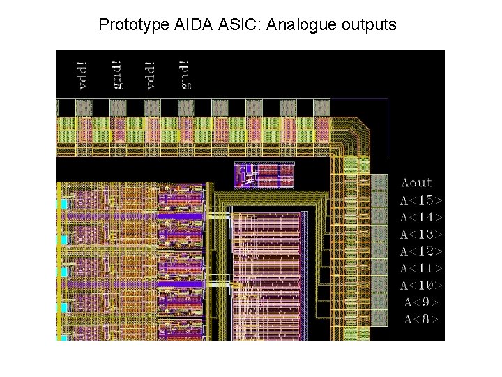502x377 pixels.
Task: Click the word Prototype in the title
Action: (x=132, y=25)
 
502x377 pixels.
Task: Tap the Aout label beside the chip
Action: (x=417, y=183)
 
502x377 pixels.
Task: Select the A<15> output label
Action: (x=421, y=200)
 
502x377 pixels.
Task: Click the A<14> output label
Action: (x=421, y=217)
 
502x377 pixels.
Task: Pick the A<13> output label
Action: (x=421, y=235)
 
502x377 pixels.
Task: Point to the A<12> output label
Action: (x=421, y=251)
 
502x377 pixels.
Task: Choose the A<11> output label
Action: (x=421, y=269)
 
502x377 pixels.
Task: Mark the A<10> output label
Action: (x=421, y=286)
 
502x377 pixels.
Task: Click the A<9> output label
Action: (x=421, y=303)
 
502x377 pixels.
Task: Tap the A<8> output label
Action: (x=421, y=320)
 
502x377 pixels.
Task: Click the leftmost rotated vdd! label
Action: (x=84, y=75)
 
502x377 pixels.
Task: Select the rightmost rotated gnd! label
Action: (x=185, y=75)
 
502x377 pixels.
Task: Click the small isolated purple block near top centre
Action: (x=264, y=175)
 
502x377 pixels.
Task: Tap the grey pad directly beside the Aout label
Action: (x=379, y=183)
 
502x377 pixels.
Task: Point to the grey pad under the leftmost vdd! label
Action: (x=84, y=107)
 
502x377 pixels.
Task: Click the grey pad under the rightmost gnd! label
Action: (x=185, y=107)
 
